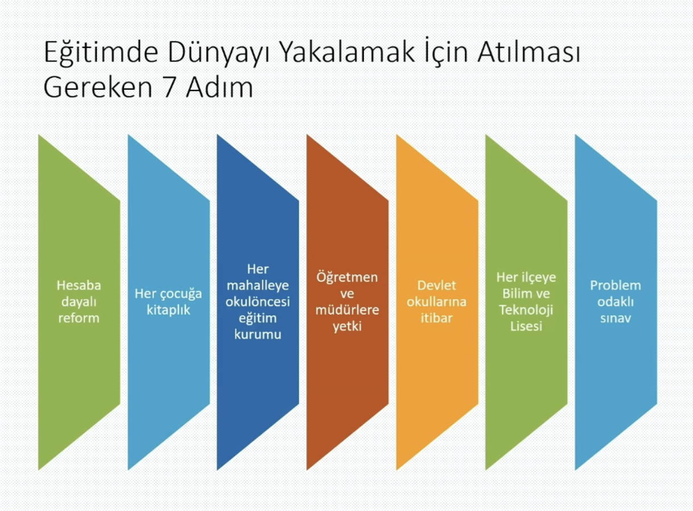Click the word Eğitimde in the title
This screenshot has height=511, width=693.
101,52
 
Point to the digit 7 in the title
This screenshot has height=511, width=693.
169,87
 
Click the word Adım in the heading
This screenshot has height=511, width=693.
219,87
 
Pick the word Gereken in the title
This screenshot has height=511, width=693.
98,87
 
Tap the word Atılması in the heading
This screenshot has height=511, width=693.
529,52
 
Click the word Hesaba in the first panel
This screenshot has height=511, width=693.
78,286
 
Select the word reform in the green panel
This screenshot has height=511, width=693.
78,318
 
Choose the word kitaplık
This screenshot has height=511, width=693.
168,310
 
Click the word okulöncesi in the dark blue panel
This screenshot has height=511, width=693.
258,302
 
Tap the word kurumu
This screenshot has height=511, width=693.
258,334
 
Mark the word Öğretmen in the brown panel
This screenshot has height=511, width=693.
347,278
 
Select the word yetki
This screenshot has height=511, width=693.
347,326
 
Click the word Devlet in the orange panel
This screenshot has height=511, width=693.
437,286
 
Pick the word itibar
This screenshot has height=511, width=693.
437,318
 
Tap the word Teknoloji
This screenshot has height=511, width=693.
526,310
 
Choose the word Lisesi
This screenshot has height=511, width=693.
526,326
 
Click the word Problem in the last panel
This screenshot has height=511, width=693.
616,286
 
